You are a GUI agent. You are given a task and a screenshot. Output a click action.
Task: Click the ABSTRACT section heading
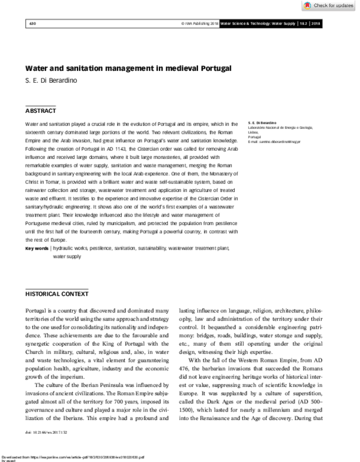[x=41, y=112]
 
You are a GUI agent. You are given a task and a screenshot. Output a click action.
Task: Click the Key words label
[x=37, y=248]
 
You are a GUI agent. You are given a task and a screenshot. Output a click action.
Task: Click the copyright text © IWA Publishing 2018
[x=199, y=23]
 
